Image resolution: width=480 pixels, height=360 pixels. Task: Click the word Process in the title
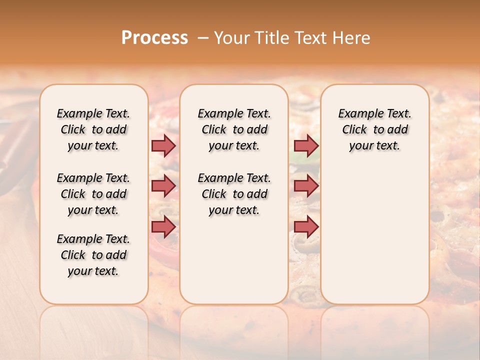[x=154, y=37]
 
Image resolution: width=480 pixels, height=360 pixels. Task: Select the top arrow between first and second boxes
[x=163, y=145]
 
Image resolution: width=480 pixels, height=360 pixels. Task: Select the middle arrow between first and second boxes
[x=163, y=186]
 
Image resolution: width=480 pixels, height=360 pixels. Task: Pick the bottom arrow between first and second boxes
[x=163, y=226]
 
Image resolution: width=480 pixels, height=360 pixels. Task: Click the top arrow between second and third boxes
[x=306, y=145]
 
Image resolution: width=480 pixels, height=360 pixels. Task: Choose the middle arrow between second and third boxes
[x=306, y=186]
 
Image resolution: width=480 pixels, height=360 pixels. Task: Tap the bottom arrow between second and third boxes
[x=306, y=226]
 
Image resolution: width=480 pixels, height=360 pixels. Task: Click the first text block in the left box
[x=93, y=129]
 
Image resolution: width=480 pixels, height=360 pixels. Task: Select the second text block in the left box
[x=93, y=194]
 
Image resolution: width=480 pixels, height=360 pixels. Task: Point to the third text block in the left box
[x=93, y=255]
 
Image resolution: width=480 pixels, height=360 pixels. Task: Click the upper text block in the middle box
[x=234, y=129]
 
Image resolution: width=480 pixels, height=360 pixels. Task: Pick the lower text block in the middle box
[x=234, y=194]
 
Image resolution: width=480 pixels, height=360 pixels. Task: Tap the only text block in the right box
[x=374, y=129]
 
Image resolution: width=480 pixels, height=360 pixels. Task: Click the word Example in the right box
[x=357, y=114]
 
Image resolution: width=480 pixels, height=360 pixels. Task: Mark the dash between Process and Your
[x=203, y=38]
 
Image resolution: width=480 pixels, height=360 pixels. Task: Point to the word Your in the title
[x=232, y=38]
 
